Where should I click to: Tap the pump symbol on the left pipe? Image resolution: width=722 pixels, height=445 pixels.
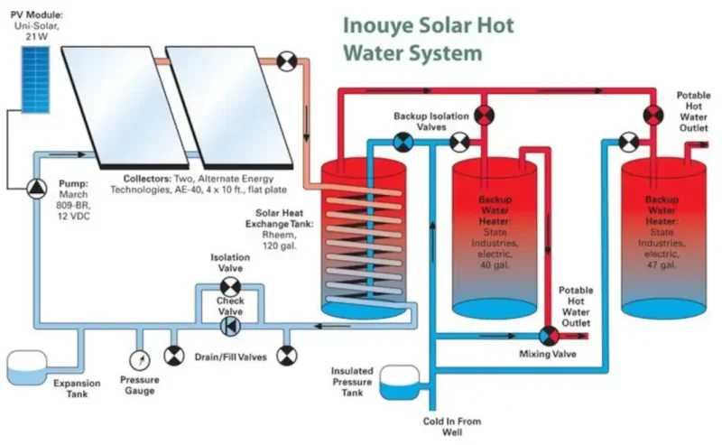pyautogui.click(x=33, y=187)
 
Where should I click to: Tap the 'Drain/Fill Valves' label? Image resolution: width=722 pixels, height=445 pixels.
pyautogui.click(x=230, y=357)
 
